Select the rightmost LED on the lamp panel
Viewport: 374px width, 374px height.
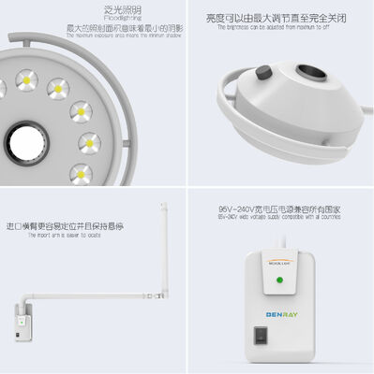pos(90,142)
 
